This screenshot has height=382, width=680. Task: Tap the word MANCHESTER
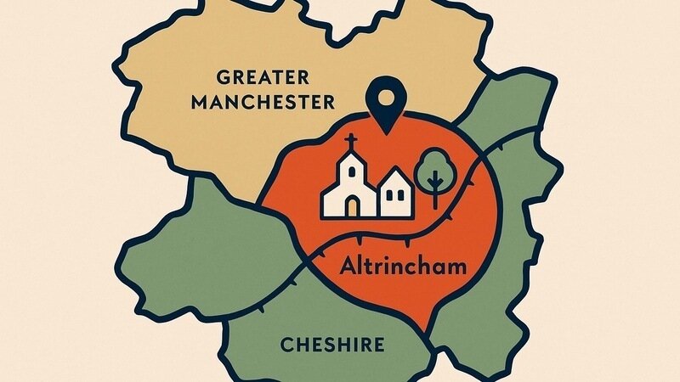(263, 104)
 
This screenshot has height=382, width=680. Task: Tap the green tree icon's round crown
(434, 166)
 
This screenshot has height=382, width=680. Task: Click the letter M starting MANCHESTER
(200, 104)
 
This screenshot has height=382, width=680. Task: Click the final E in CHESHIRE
(378, 345)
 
